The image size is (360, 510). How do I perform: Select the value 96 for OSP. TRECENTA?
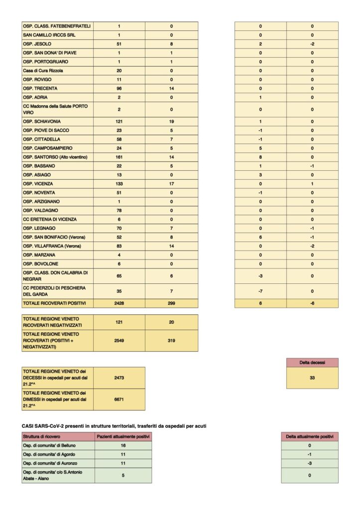[119, 88]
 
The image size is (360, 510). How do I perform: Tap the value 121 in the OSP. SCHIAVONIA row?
[119, 122]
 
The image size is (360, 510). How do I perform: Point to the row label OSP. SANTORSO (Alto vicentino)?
[55, 157]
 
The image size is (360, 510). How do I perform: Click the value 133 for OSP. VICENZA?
[119, 184]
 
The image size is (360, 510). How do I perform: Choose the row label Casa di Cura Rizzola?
[43, 71]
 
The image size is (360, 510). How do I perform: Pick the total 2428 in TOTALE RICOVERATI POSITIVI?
[119, 303]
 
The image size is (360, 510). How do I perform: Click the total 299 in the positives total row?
[171, 303]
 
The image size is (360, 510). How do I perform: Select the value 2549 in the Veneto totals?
[119, 341]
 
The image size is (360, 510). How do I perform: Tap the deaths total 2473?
[119, 378]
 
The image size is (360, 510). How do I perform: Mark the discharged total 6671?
[119, 400]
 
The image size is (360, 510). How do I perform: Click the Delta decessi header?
[312, 363]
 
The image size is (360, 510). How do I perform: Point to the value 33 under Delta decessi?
[312, 378]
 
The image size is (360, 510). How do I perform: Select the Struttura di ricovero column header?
[42, 436]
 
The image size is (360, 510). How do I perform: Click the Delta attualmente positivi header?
[309, 436]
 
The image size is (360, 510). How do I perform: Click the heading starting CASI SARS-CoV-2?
[114, 425]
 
